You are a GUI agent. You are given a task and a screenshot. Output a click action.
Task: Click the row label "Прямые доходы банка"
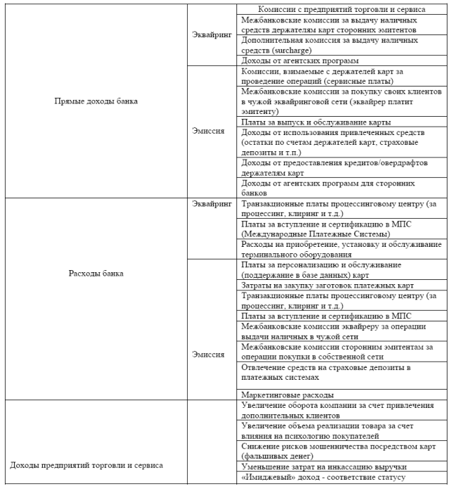pyautogui.click(x=96, y=101)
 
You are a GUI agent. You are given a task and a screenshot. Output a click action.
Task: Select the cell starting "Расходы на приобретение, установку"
pyautogui.click(x=341, y=250)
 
